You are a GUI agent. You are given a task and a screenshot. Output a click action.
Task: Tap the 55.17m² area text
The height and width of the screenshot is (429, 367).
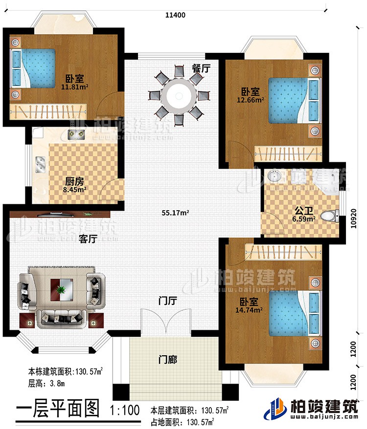[x=176, y=213]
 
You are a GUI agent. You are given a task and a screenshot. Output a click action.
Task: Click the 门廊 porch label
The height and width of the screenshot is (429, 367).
[x=167, y=360]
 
